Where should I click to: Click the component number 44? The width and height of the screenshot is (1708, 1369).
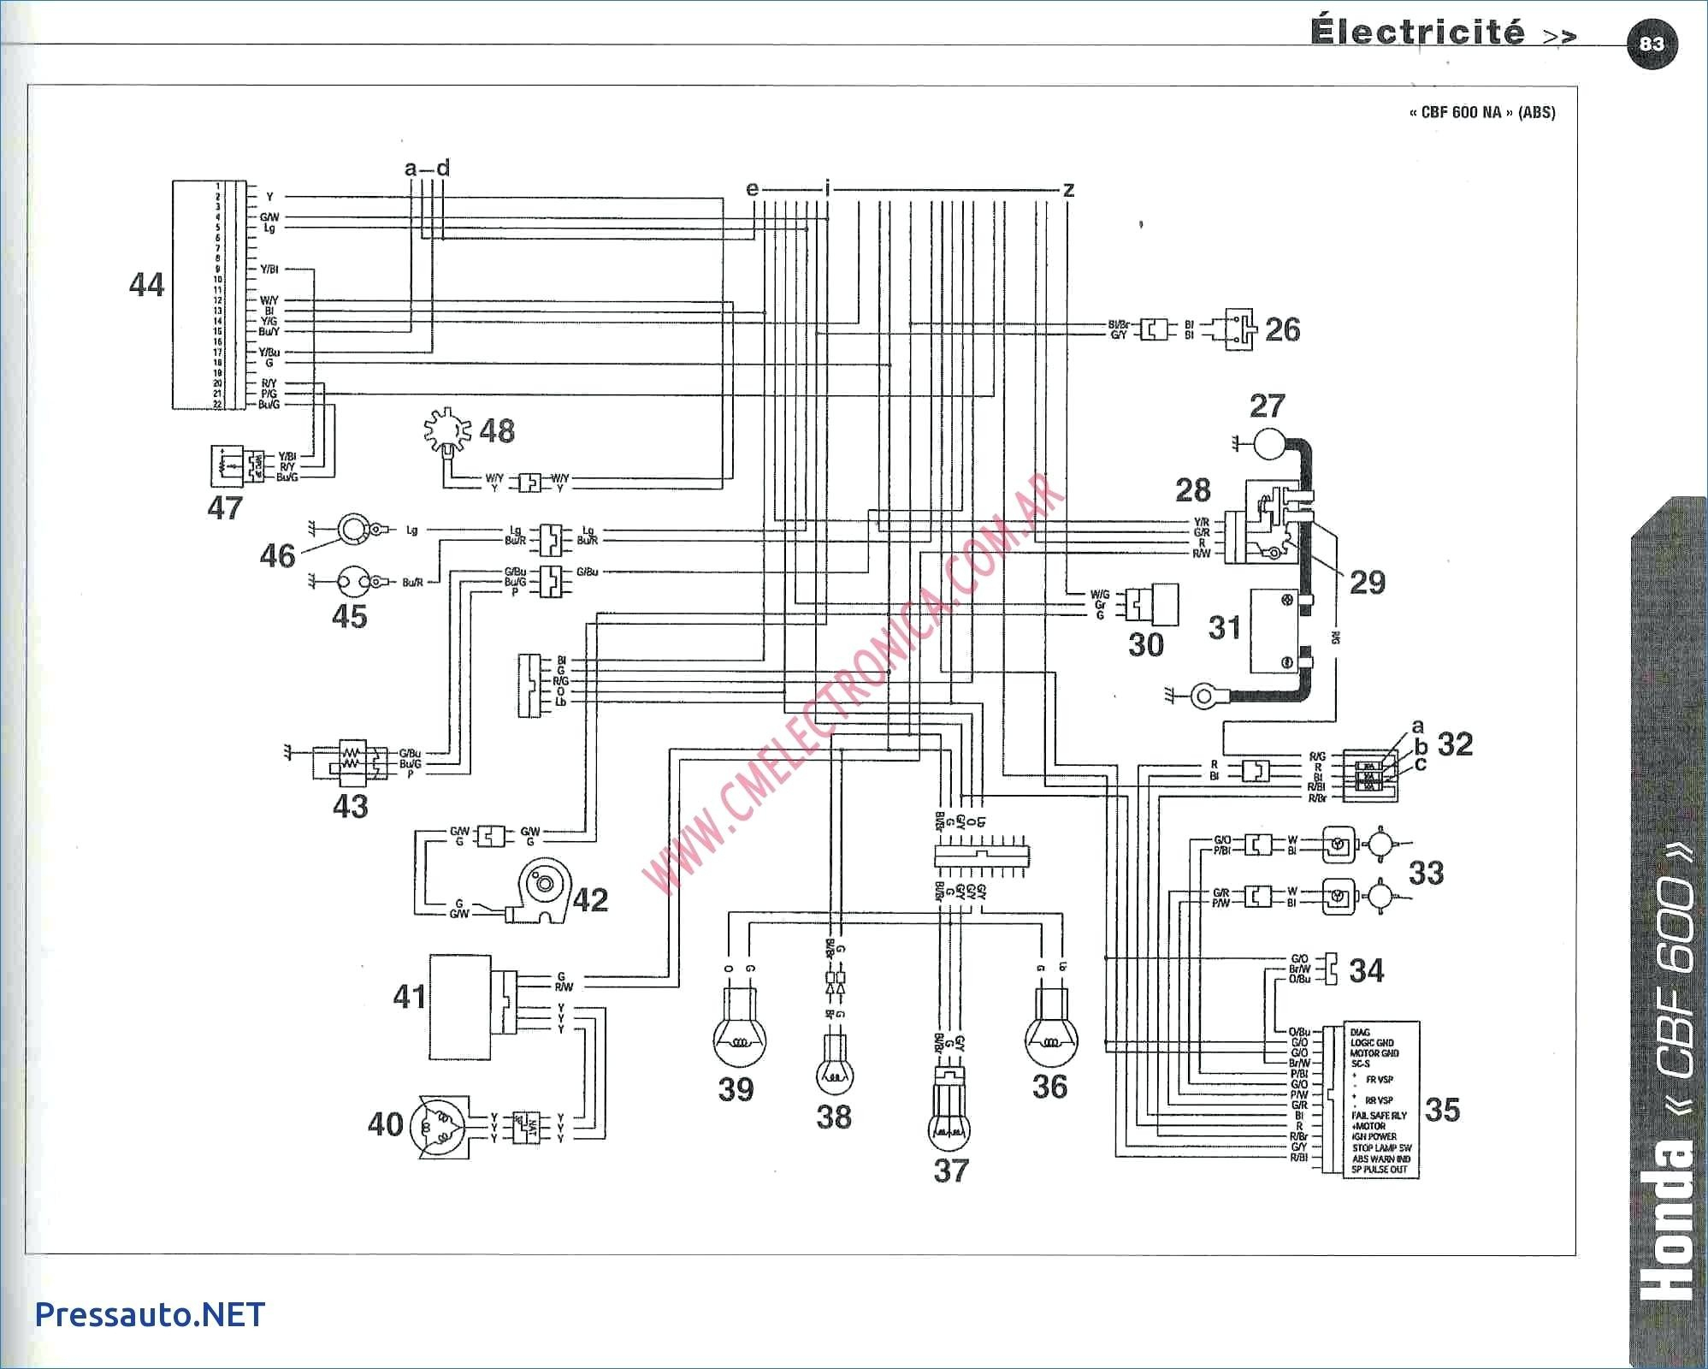(146, 284)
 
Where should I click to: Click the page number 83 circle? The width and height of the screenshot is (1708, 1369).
(1652, 44)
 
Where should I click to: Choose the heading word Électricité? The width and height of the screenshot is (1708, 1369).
(1417, 33)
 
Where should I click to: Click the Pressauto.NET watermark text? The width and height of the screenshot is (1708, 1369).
(151, 1314)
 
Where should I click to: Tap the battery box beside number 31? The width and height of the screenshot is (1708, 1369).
(1275, 631)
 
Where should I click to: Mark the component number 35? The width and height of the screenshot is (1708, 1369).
(1442, 1110)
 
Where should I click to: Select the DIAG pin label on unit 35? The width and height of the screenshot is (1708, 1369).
(1360, 1032)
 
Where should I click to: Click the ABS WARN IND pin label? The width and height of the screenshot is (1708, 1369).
(1381, 1159)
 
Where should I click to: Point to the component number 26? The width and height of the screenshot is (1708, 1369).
(1282, 329)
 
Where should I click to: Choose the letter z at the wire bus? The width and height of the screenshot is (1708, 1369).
(1068, 189)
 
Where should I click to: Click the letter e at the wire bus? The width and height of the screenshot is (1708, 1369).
(752, 188)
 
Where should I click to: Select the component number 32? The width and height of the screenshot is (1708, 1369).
(1455, 744)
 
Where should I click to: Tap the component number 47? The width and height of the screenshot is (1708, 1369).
(225, 508)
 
